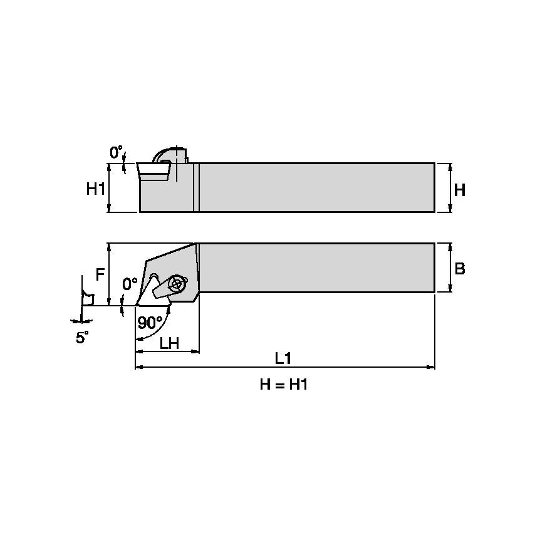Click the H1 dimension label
tap(95, 189)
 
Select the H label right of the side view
tap(459, 190)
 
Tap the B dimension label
tap(459, 269)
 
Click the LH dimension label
tap(170, 343)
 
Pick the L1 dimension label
tap(283, 358)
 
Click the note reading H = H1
tap(284, 385)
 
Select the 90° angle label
tap(150, 322)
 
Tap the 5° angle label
tap(82, 338)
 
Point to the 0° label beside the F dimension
tap(130, 284)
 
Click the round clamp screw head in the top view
tap(177, 283)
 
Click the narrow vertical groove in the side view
tap(196, 188)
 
